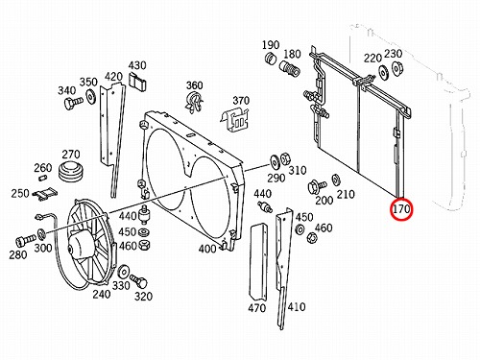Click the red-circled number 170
coord(401,209)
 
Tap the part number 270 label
coord(71,155)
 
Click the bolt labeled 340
coord(73,103)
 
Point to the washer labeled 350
coord(91,96)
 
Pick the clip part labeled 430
coord(138,82)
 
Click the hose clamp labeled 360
coord(194,102)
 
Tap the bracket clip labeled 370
coord(235,119)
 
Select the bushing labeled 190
coord(272,59)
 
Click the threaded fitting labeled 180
coord(289,69)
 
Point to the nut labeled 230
coord(397,69)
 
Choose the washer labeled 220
coord(383,72)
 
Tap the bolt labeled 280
coord(26,240)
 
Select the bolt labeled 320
coord(139,281)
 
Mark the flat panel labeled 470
coord(258,262)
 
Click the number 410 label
coord(297,307)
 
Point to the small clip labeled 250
coord(46,194)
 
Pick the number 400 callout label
coord(207,249)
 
